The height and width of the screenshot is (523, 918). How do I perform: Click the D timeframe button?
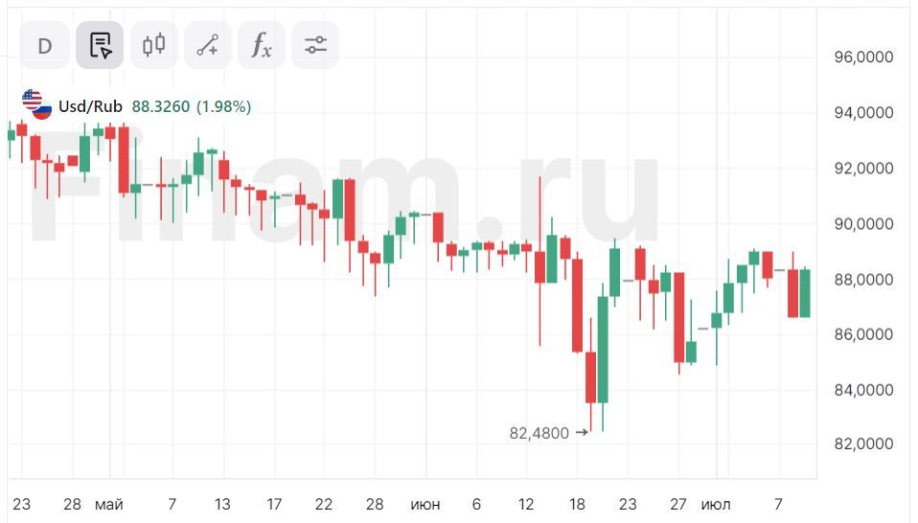pyautogui.click(x=45, y=45)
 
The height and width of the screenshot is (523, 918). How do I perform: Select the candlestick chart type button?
pyautogui.click(x=153, y=45)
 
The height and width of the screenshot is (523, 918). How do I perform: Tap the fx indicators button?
pyautogui.click(x=262, y=45)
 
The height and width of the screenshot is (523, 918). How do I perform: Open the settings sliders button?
pyautogui.click(x=315, y=45)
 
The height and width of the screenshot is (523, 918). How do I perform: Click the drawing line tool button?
pyautogui.click(x=208, y=45)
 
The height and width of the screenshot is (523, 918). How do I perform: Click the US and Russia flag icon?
pyautogui.click(x=36, y=105)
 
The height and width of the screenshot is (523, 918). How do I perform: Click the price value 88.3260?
pyautogui.click(x=161, y=106)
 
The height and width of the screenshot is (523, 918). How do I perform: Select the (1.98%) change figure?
pyautogui.click(x=224, y=106)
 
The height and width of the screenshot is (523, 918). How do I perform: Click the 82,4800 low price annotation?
pyautogui.click(x=539, y=433)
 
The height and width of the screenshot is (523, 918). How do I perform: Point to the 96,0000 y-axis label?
pyautogui.click(x=863, y=57)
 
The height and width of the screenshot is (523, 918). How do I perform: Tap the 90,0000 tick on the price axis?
pyautogui.click(x=863, y=224)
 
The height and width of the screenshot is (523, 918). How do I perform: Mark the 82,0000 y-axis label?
pyautogui.click(x=863, y=445)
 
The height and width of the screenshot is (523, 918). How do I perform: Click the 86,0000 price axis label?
pyautogui.click(x=863, y=335)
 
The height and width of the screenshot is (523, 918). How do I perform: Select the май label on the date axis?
pyautogui.click(x=108, y=504)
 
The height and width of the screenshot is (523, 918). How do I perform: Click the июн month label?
pyautogui.click(x=425, y=504)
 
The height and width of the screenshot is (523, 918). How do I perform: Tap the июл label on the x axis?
pyautogui.click(x=715, y=504)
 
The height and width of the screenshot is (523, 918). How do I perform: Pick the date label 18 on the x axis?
pyautogui.click(x=577, y=504)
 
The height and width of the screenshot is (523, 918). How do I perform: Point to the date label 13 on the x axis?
pyautogui.click(x=223, y=504)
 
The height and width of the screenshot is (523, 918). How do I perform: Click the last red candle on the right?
pyautogui.click(x=793, y=293)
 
